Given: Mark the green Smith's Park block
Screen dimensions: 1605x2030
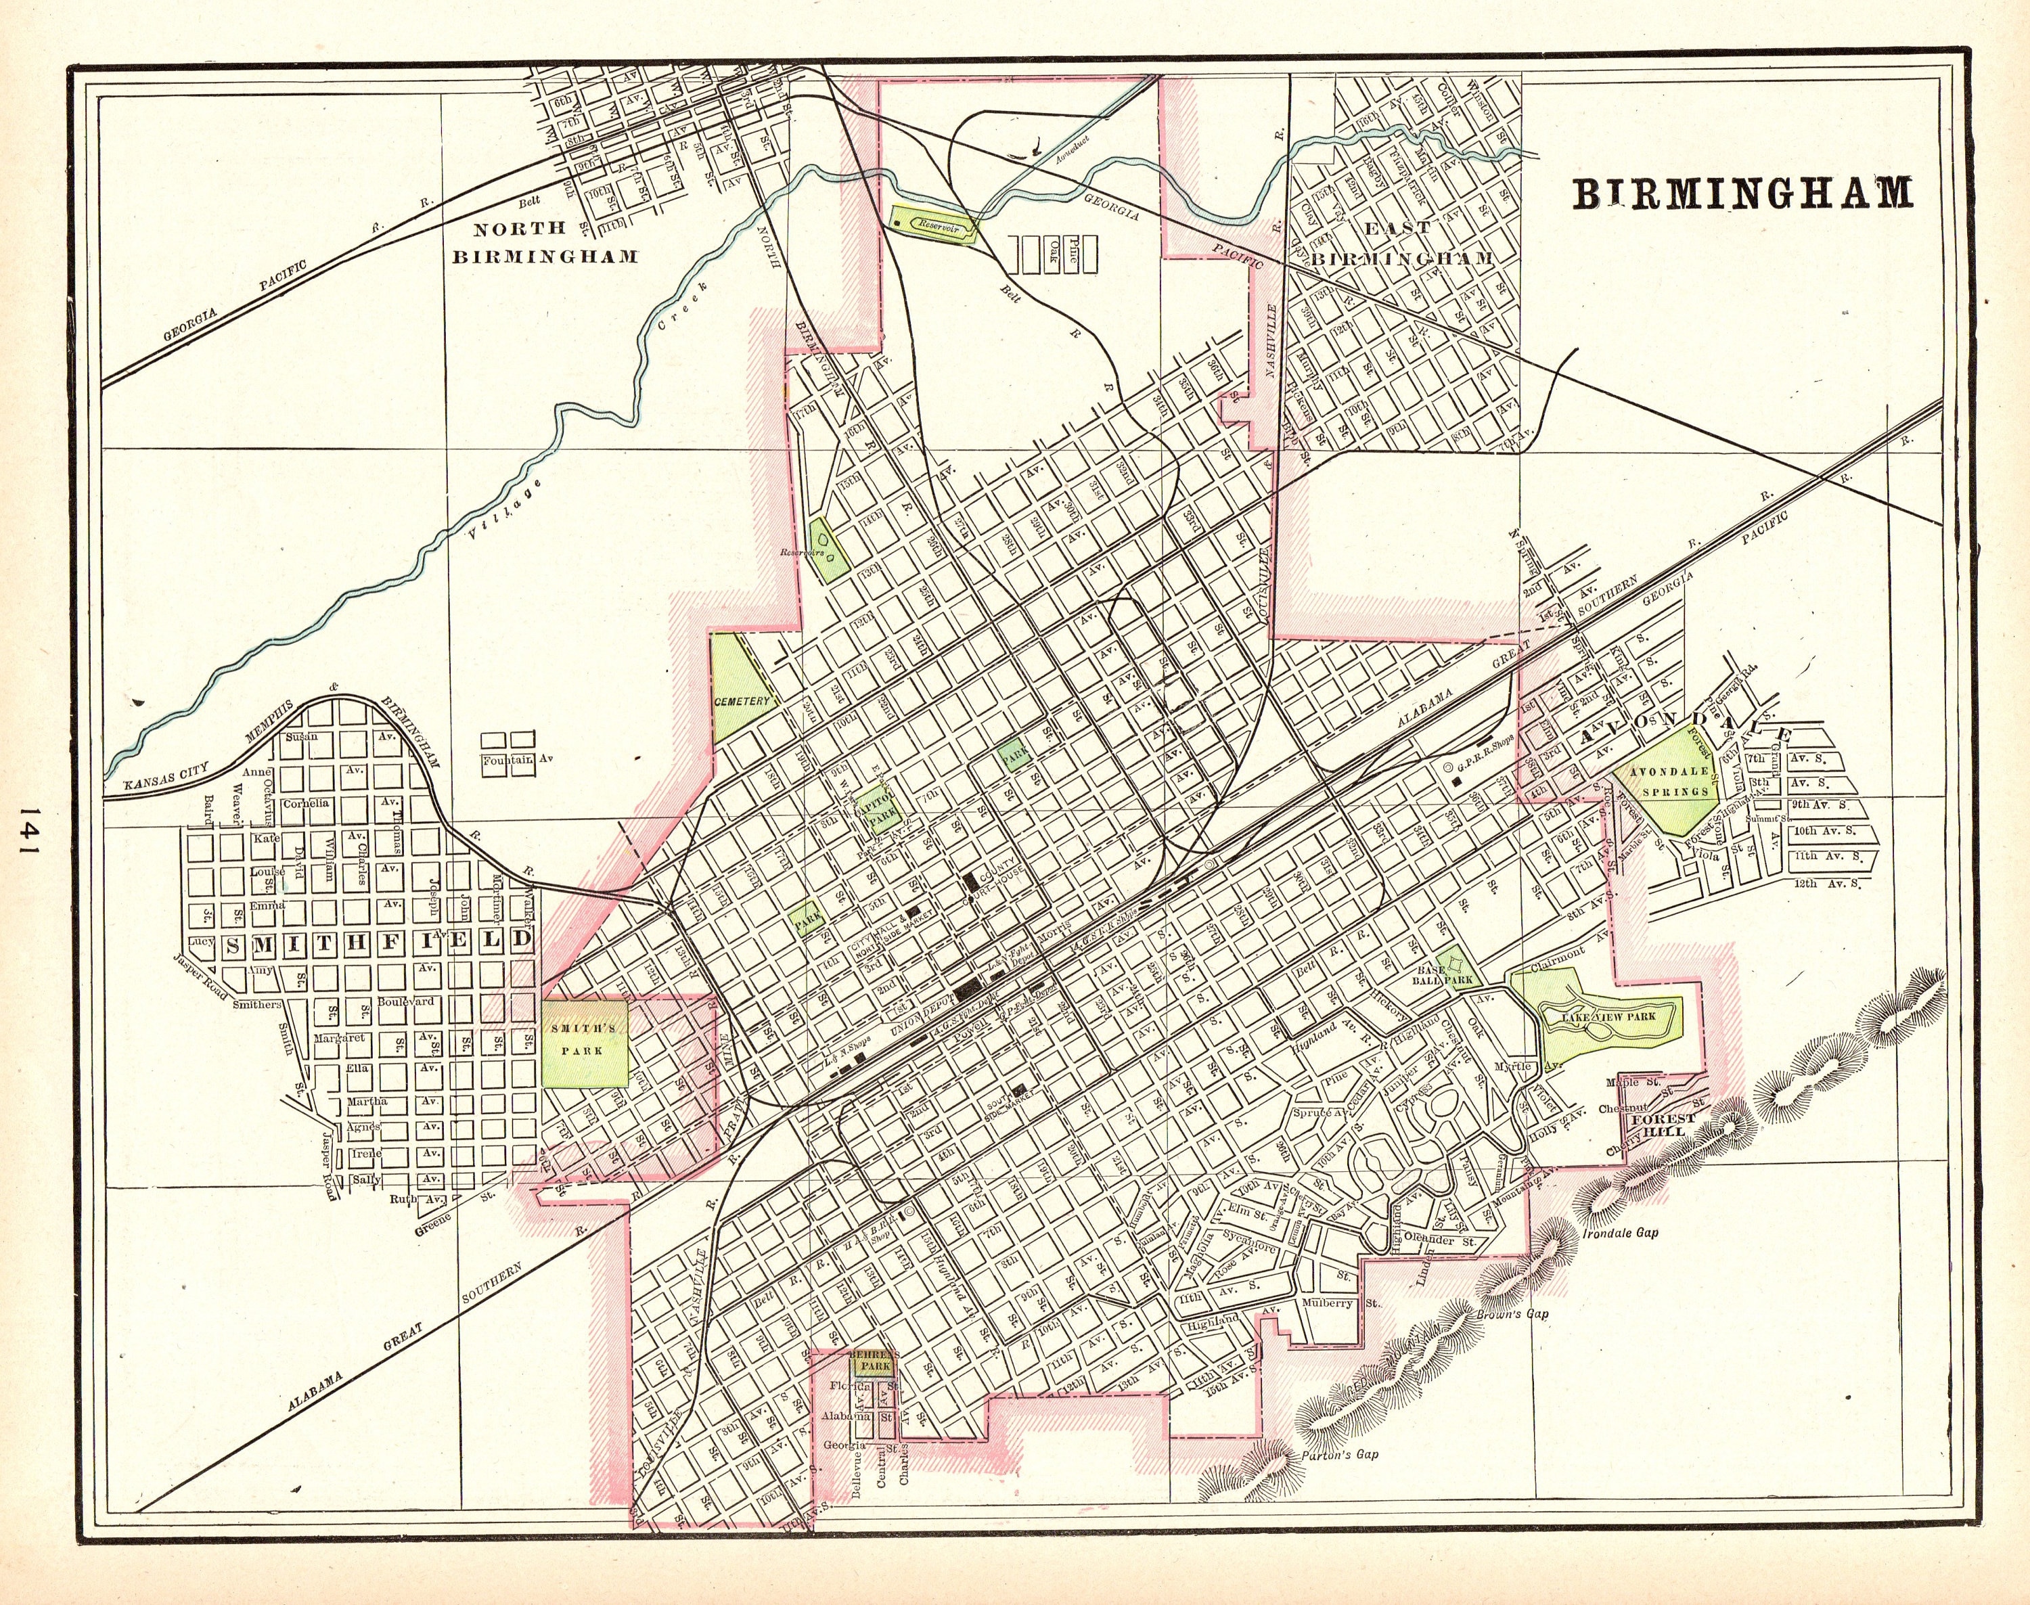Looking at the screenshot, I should click(x=585, y=1041).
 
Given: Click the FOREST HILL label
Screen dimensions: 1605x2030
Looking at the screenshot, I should click(x=1663, y=1125).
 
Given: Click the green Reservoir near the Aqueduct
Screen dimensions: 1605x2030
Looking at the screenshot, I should click(x=933, y=225).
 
